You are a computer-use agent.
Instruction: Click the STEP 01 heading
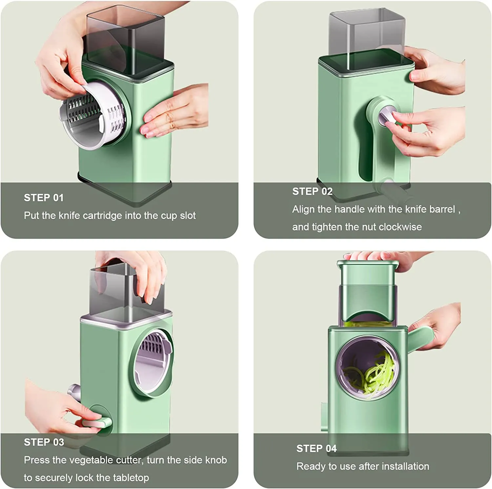pos(44,198)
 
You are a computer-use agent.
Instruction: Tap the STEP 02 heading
pos(312,191)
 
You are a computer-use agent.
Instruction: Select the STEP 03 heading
pos(44,442)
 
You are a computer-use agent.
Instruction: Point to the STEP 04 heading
pos(317,448)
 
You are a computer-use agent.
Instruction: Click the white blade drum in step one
pos(93,115)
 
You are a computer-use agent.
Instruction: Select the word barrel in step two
pos(443,209)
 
